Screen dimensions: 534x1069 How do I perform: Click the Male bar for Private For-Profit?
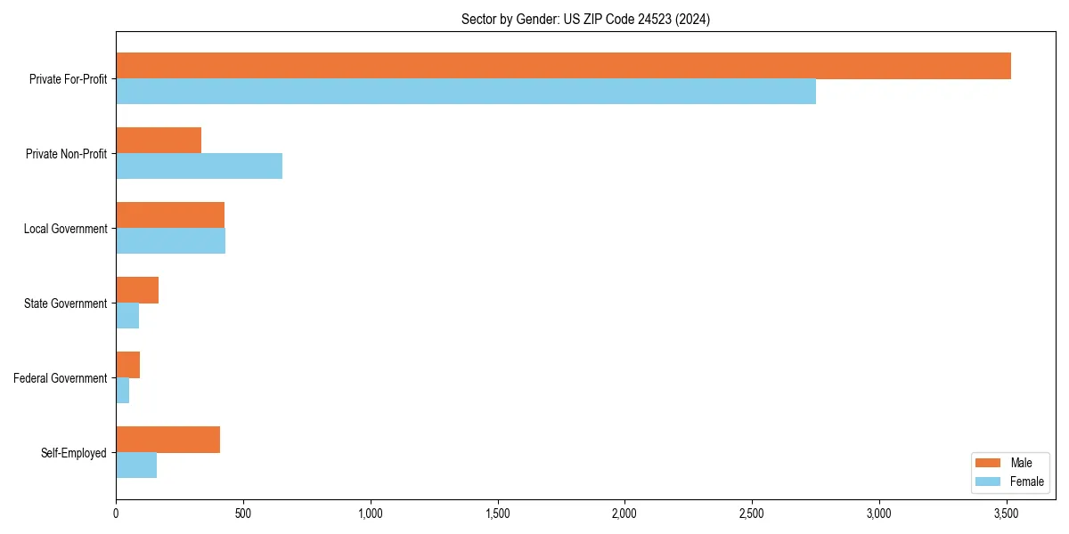tap(563, 66)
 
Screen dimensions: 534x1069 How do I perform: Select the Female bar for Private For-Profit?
tap(466, 92)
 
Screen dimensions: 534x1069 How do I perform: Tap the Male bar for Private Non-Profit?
tap(159, 141)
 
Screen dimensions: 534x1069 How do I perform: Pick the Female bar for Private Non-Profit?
tap(199, 166)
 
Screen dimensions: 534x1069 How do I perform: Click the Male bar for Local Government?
tap(170, 215)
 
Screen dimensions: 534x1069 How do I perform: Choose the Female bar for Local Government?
tap(170, 241)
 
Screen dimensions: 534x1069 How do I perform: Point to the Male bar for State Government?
tap(137, 290)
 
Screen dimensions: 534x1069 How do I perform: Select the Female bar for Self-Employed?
tap(136, 465)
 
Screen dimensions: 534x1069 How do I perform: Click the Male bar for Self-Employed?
tap(167, 440)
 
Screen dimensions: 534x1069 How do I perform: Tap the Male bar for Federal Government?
tap(127, 365)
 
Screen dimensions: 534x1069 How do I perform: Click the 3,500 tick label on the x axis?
tap(1007, 514)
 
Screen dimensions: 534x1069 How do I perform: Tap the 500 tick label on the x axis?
tap(243, 514)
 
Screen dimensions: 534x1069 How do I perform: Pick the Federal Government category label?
tap(61, 378)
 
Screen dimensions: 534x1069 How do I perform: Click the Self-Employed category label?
tap(74, 453)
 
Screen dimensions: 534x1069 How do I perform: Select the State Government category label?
tap(66, 303)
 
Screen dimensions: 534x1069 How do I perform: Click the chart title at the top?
tap(585, 19)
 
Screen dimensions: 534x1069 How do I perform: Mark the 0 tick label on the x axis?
tap(116, 514)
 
